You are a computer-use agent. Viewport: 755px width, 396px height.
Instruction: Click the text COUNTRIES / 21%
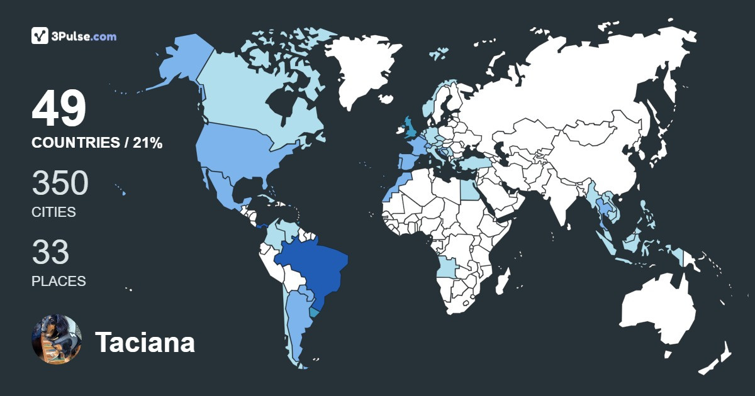tap(97, 143)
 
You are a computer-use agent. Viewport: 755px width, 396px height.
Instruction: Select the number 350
tap(60, 184)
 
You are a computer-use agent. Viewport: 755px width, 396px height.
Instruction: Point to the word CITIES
tap(53, 212)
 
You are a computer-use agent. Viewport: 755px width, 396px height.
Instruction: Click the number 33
tap(50, 253)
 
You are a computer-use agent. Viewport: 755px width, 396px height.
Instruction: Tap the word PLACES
tap(59, 281)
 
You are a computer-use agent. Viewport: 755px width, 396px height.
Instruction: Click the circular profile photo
tap(57, 339)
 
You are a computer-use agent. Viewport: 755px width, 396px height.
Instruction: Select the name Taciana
tap(145, 343)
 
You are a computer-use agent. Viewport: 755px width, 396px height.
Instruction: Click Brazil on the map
tap(311, 264)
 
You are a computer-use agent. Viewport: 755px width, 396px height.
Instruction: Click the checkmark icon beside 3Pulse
tap(40, 36)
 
